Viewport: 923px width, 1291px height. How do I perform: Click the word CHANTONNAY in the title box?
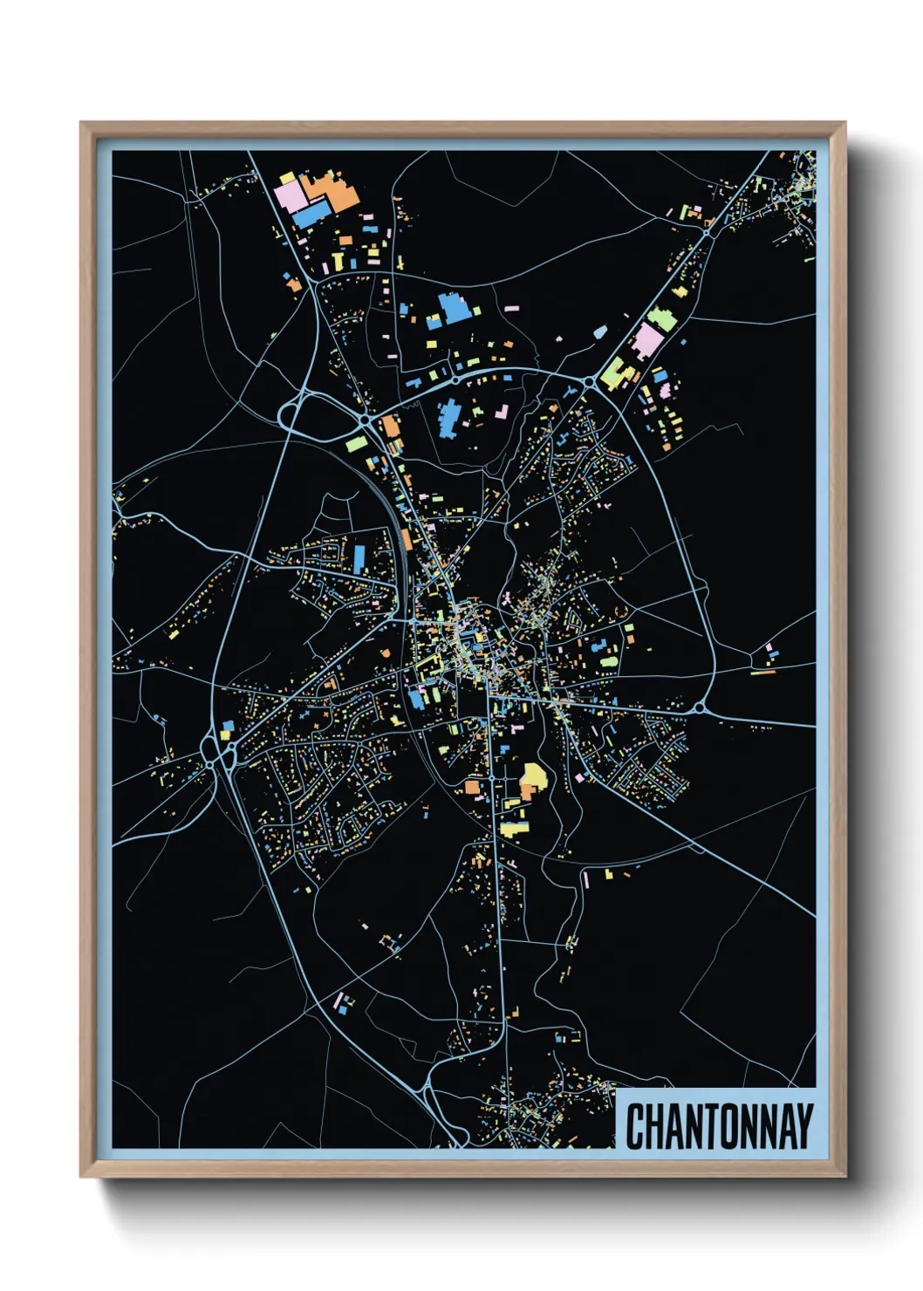tap(719, 1126)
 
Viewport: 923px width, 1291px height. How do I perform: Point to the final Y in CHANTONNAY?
tap(803, 1126)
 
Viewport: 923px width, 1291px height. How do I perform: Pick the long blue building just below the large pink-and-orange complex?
tap(311, 213)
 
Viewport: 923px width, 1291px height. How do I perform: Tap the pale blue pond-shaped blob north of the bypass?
tap(600, 331)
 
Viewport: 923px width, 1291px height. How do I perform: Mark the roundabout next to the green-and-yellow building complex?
tap(590, 381)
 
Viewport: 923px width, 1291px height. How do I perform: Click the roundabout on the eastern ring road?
tap(700, 707)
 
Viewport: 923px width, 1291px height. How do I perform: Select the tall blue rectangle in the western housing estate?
tap(359, 558)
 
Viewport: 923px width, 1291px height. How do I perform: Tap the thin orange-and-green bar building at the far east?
tap(762, 673)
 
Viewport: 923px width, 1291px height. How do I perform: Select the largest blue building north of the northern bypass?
tap(453, 308)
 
